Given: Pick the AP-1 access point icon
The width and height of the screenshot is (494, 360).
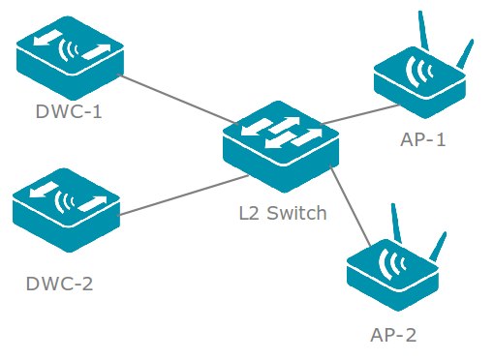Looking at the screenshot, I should pyautogui.click(x=417, y=81).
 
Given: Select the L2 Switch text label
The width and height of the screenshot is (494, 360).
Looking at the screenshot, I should pyautogui.click(x=282, y=213).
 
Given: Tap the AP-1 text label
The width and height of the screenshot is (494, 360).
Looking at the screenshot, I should pyautogui.click(x=423, y=139).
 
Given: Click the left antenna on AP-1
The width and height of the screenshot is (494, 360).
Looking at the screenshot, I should pyautogui.click(x=424, y=29).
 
